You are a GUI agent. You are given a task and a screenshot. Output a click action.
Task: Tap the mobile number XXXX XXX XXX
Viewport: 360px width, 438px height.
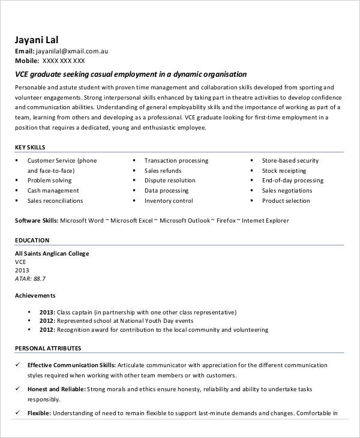64,61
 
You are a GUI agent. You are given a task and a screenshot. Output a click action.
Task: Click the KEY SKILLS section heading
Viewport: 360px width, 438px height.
30,148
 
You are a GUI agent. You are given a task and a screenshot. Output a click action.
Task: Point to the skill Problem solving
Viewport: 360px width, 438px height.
49,181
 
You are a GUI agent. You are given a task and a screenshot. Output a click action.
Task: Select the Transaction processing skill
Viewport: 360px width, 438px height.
176,161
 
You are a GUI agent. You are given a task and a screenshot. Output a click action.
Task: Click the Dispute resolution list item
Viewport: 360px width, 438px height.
170,181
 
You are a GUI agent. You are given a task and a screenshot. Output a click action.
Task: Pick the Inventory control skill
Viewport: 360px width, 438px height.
169,201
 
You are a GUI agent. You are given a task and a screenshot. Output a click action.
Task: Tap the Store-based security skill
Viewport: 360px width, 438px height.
290,161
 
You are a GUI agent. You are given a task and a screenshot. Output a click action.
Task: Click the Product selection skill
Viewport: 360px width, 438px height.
286,201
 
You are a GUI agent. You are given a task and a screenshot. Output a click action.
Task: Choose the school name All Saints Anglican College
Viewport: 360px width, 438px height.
52,254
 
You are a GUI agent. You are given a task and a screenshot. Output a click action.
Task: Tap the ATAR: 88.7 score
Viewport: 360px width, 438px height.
30,279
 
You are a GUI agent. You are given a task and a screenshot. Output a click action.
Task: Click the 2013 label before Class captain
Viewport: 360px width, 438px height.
47,313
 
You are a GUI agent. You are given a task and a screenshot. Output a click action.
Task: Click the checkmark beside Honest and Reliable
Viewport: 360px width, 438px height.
17,389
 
